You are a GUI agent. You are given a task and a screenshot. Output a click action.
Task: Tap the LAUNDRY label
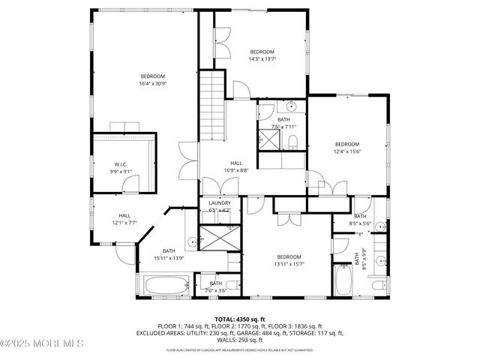click(x=220, y=202)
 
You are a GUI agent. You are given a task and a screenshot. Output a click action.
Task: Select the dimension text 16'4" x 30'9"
click(x=152, y=84)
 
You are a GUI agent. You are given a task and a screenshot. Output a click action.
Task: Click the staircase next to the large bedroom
click(x=213, y=105)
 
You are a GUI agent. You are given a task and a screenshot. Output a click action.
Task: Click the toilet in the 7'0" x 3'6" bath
click(x=233, y=284)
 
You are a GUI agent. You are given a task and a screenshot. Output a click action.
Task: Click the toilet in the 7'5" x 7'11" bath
click(x=293, y=142)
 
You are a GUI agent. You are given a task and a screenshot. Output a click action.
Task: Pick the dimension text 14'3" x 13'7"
click(x=262, y=59)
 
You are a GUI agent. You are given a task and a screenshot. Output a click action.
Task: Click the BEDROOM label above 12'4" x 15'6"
click(x=346, y=144)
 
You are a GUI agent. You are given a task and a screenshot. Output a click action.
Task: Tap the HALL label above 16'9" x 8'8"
click(x=235, y=163)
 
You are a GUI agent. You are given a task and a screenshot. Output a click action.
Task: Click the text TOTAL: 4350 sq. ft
click(x=240, y=318)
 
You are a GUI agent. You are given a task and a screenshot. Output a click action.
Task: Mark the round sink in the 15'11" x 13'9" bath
click(x=191, y=241)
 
